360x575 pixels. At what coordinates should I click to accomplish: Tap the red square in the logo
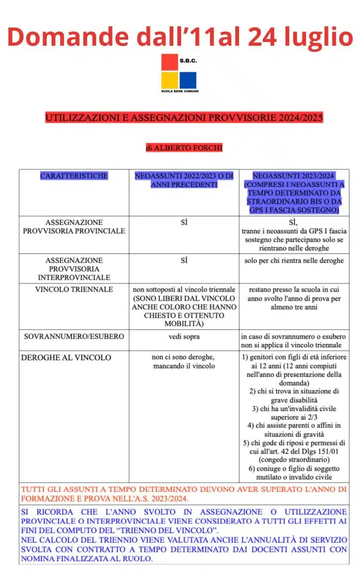(169, 62)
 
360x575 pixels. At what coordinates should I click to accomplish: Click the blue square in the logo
(188, 80)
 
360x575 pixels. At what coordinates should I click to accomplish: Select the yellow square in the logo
(169, 80)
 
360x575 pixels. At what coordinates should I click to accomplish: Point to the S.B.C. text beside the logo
(188, 61)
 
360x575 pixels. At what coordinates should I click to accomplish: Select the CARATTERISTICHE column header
(74, 176)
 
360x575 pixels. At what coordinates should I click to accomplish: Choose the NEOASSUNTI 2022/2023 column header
(184, 180)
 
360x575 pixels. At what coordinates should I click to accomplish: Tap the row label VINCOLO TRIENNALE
(74, 289)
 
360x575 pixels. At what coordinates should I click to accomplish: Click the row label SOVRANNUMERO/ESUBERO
(74, 336)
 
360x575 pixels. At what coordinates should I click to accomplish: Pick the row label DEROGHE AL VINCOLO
(66, 358)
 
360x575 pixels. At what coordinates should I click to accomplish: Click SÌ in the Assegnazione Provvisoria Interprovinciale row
(184, 260)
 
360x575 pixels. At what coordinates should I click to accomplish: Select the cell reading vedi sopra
(184, 336)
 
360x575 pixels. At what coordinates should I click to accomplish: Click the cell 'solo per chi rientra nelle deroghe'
(294, 260)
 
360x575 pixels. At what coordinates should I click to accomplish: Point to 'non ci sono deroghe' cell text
(184, 357)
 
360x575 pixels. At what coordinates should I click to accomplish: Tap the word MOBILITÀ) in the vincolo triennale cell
(184, 323)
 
